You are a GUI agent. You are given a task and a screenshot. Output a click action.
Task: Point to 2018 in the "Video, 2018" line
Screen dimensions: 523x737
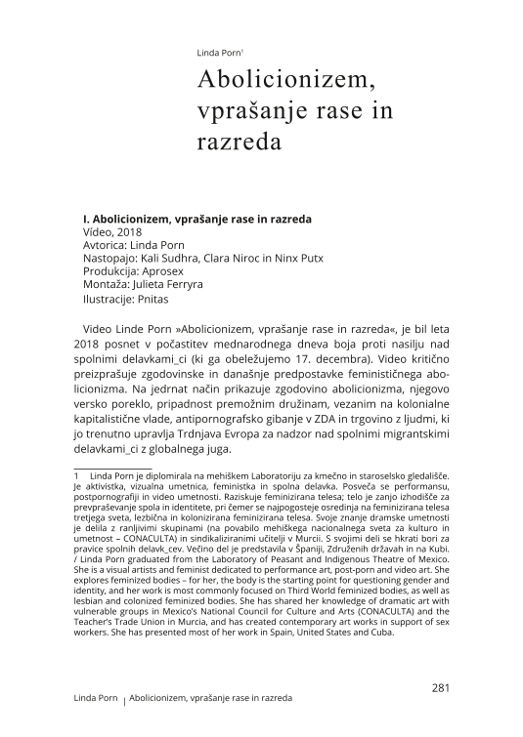pos(127,234)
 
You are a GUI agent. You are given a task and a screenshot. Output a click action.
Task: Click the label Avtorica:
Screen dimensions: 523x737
pos(109,248)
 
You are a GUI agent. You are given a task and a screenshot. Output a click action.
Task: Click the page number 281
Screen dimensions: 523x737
pos(439,687)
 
